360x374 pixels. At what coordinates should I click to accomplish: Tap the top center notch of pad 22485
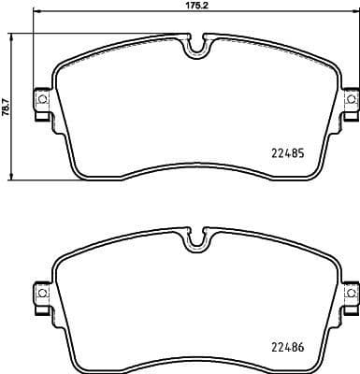pyautogui.click(x=195, y=43)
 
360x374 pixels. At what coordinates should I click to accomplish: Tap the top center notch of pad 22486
pyautogui.click(x=195, y=239)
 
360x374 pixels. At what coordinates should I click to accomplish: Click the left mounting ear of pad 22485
pyautogui.click(x=41, y=100)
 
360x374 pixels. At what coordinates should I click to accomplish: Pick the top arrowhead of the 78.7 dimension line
pyautogui.click(x=12, y=33)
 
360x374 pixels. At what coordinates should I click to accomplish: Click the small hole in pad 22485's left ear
pyautogui.click(x=40, y=99)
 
